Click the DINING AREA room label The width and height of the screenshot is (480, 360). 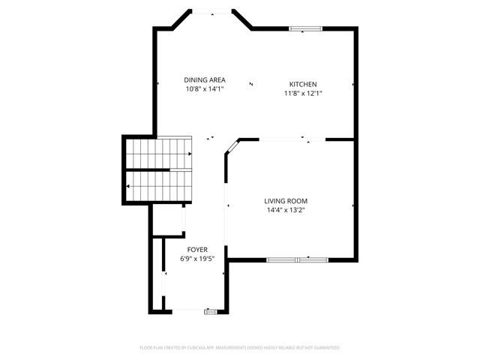205,80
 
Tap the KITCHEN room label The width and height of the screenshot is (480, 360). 303,84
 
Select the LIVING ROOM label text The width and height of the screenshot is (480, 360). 286,201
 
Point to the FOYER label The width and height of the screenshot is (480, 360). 197,250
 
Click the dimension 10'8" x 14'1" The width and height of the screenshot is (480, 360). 205,89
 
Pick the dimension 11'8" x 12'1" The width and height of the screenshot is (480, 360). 303,94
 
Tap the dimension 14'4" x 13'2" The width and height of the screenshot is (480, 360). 286,210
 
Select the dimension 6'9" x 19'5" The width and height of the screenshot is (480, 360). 197,259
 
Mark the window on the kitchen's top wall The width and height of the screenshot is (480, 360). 306,29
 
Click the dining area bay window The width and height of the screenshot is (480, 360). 209,11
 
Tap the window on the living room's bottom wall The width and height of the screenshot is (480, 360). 298,259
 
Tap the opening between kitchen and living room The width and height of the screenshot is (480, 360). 282,139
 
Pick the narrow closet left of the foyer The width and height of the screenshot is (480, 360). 158,274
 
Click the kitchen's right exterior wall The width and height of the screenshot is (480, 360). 355,84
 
